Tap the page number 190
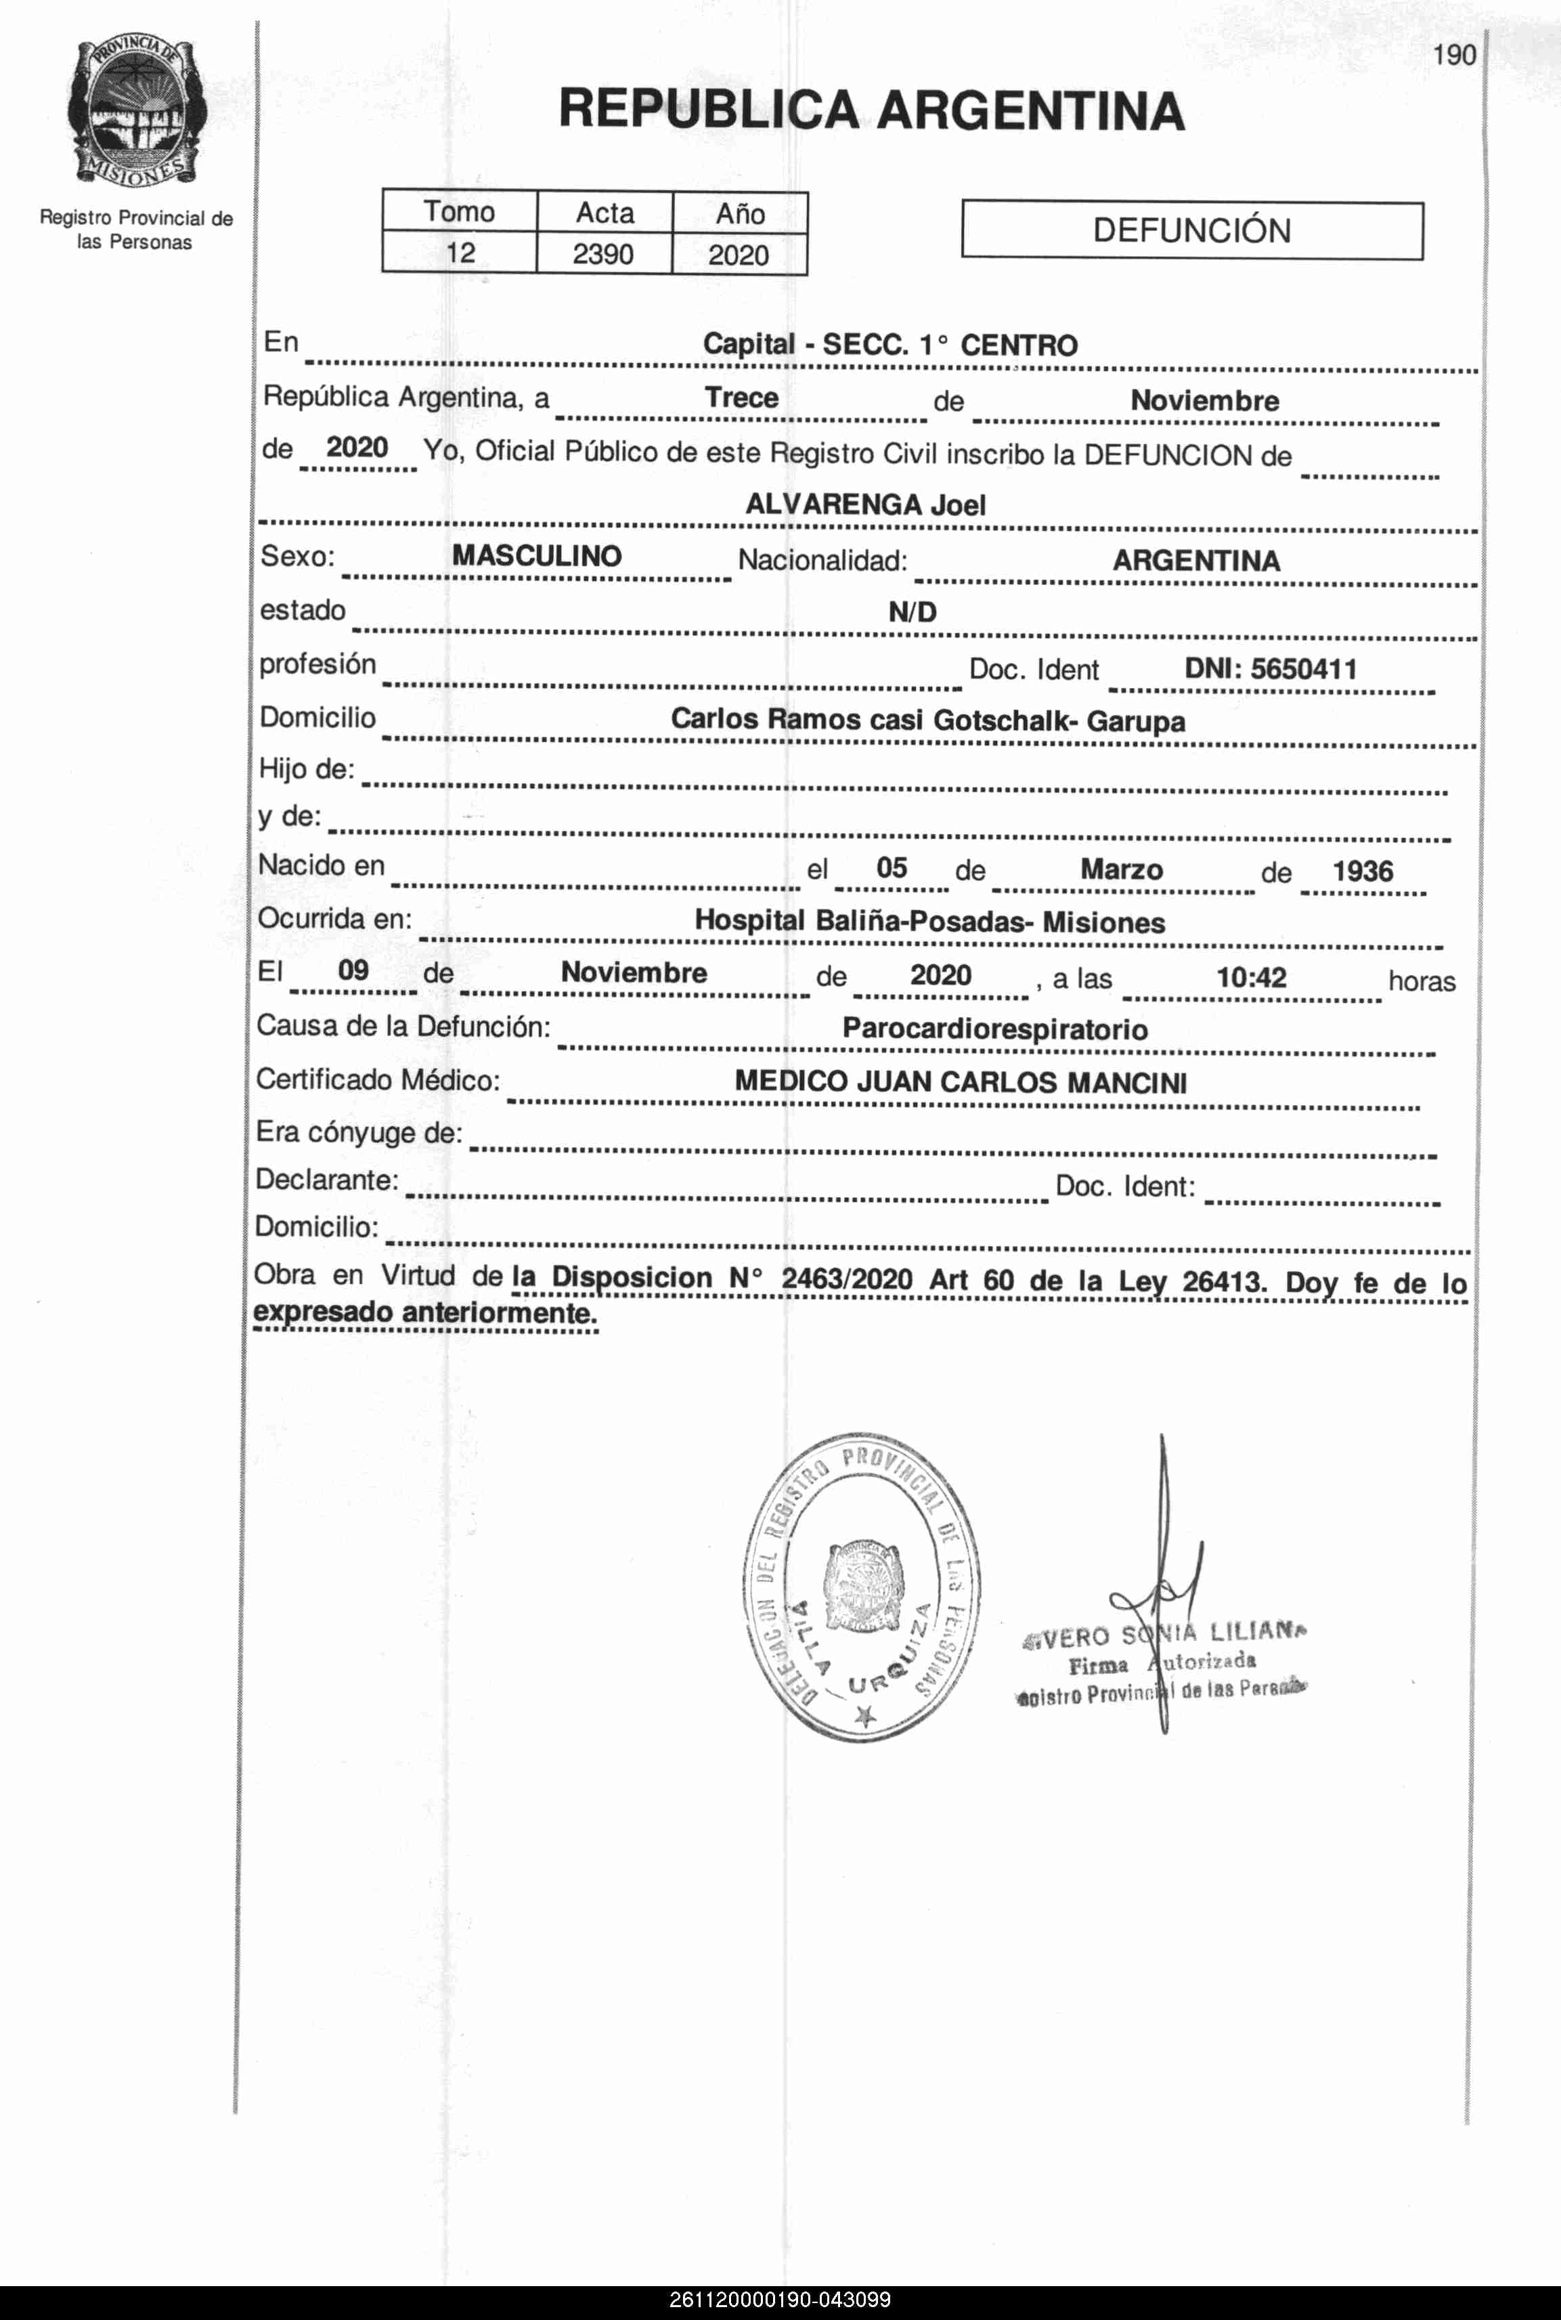1455,56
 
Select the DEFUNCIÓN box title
1191,231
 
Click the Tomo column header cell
459,212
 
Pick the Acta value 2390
603,255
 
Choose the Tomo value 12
460,253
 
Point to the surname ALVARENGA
833,504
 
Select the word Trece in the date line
742,398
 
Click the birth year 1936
1362,872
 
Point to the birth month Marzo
1121,869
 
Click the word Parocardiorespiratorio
994,1029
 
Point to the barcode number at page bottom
780,2299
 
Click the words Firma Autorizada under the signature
1162,1664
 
